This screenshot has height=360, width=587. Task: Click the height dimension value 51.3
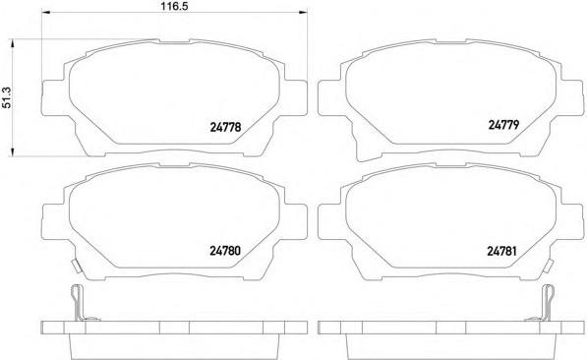7,97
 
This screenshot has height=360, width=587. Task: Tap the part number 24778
225,127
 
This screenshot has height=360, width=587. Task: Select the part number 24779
503,125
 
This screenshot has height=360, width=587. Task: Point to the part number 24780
225,251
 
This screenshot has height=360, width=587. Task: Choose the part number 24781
501,251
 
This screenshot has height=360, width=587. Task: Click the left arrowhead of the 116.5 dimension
45,13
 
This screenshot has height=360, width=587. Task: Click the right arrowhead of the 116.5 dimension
303,13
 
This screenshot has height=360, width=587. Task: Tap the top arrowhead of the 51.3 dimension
13,43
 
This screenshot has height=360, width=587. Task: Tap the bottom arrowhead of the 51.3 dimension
13,152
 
